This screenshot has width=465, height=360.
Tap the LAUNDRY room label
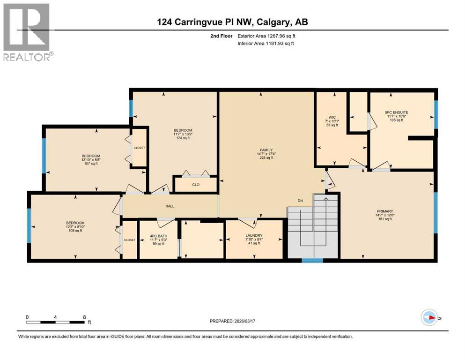click(253, 235)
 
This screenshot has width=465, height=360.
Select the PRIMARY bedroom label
click(384, 211)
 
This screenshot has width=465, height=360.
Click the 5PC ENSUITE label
click(396, 112)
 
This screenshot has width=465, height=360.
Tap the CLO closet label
click(196, 185)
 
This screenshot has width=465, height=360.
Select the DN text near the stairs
click(301, 201)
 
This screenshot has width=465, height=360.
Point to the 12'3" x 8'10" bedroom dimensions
click(75, 226)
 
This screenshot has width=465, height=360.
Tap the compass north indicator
click(429, 318)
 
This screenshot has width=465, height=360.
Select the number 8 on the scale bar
click(84, 317)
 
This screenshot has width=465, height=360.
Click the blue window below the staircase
click(309, 261)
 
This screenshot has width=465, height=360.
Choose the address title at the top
click(232, 22)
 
